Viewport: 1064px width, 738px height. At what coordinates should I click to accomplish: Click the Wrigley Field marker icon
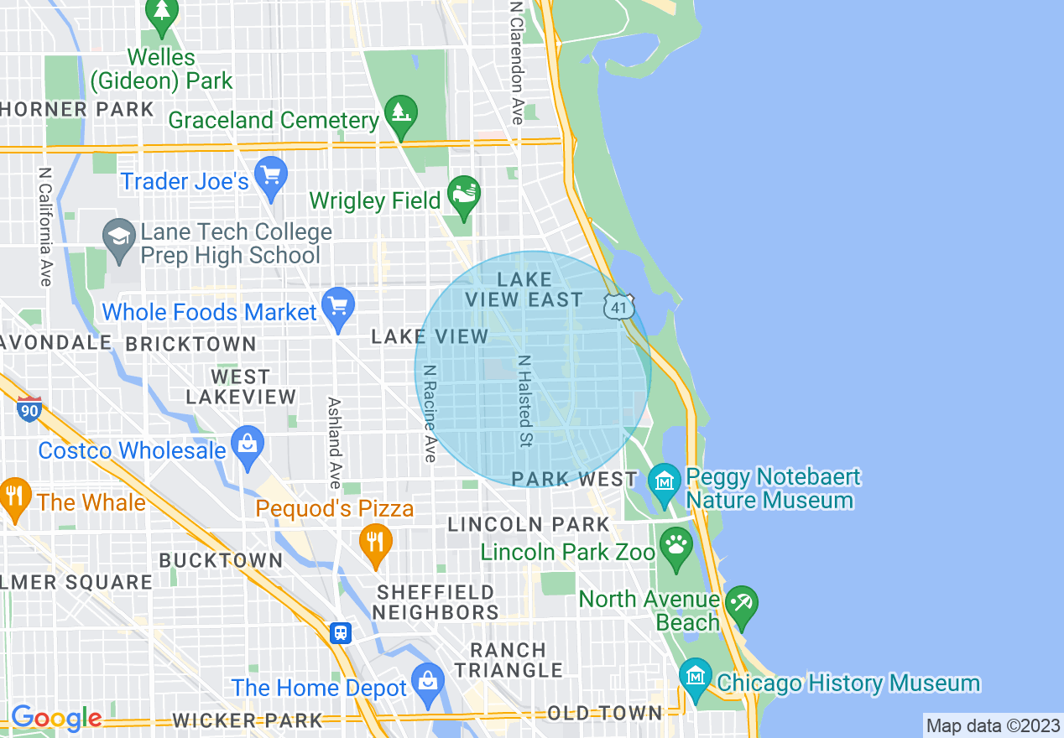click(x=464, y=195)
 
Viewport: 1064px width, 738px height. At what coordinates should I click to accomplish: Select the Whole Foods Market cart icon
click(x=339, y=308)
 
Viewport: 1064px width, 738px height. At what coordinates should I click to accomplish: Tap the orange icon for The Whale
click(x=14, y=496)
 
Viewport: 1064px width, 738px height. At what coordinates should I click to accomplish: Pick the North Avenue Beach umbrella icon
click(x=742, y=605)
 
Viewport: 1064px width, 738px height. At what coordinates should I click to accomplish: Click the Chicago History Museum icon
click(x=696, y=678)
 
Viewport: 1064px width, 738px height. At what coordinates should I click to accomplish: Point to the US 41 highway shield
click(x=618, y=307)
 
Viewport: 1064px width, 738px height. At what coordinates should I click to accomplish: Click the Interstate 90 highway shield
click(x=29, y=409)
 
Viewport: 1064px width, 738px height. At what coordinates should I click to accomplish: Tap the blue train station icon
click(x=340, y=632)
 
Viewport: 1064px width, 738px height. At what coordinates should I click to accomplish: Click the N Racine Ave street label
click(x=430, y=413)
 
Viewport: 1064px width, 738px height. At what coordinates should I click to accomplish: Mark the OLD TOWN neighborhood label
click(x=604, y=713)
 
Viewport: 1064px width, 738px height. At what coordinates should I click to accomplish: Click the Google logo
click(x=56, y=718)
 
